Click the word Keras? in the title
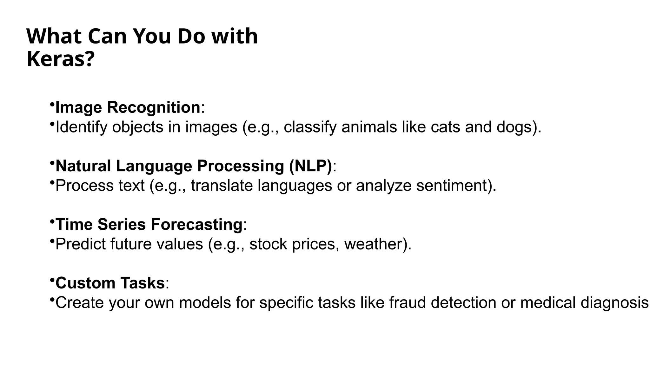(61, 59)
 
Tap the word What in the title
(54, 36)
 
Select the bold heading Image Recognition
(128, 107)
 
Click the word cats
(445, 127)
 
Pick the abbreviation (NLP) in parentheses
(310, 166)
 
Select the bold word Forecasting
(197, 224)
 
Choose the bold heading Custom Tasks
(110, 283)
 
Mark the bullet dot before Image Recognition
(52, 105)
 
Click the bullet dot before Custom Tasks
(52, 280)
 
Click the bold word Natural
(83, 166)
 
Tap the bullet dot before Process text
(52, 183)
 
